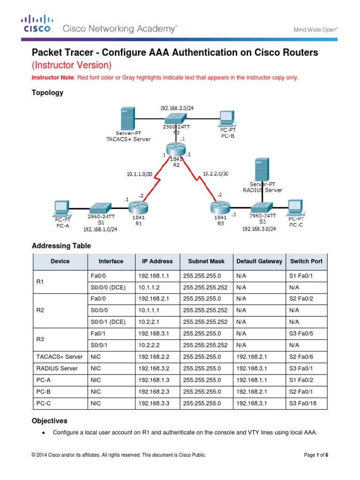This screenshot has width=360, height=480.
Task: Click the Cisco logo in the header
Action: coord(37,24)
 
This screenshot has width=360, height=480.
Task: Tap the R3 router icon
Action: coord(219,206)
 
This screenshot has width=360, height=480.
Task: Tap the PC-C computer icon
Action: coord(295,207)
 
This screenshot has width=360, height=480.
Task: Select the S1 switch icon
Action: coord(101,207)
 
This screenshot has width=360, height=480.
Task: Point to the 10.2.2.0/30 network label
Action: coord(216,173)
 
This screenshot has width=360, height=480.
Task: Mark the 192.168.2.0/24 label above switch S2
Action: coord(177,108)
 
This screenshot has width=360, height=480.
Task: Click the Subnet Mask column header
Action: coord(206,261)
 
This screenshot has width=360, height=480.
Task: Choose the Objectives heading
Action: coord(49,421)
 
